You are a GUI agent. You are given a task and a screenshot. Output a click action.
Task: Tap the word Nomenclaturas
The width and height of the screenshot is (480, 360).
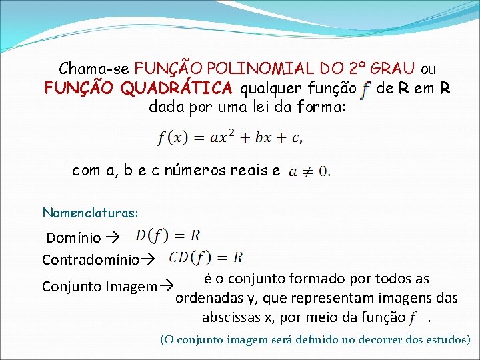pos(90,213)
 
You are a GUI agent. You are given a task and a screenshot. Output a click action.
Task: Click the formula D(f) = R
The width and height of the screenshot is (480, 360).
pos(167,235)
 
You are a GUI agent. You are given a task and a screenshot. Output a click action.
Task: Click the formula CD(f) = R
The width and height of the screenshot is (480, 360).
pos(206,257)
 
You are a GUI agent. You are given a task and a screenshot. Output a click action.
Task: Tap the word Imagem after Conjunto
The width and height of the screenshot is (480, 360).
pos(131,287)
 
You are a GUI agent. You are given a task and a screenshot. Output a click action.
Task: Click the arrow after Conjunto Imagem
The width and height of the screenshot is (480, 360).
pos(167,287)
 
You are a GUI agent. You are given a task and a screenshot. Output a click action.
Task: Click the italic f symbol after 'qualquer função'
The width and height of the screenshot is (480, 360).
pos(365,89)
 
